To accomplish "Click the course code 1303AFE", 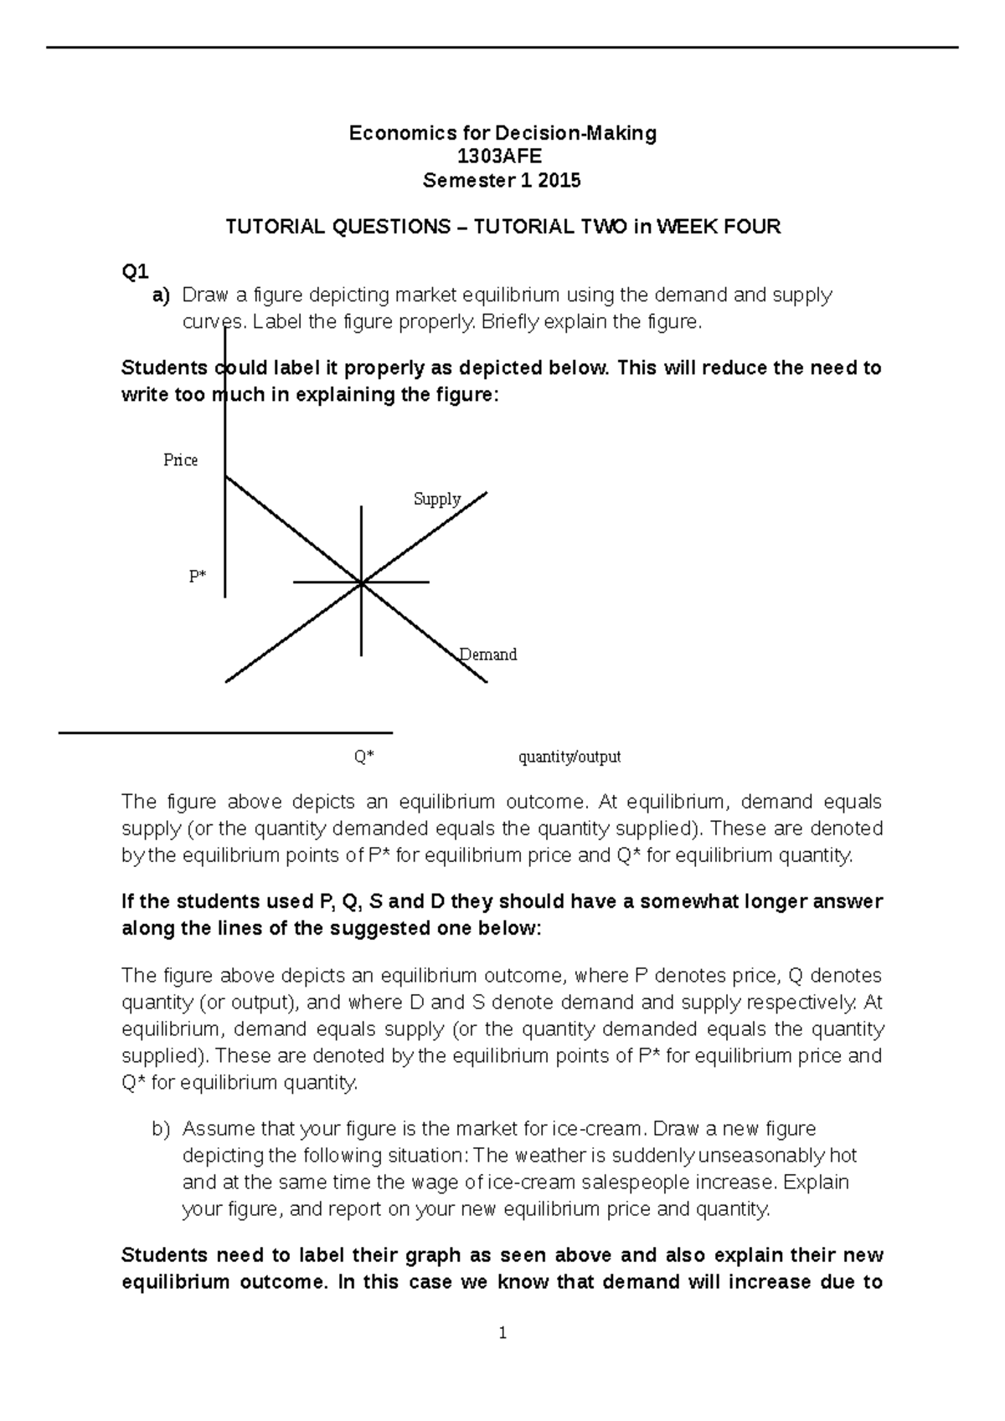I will click(x=502, y=156).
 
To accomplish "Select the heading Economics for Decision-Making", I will click(x=502, y=133).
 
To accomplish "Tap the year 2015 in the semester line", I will click(x=559, y=181).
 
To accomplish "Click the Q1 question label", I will click(x=135, y=271).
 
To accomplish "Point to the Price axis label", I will click(x=180, y=460).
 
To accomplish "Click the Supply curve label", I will click(x=437, y=499).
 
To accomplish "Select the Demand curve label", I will click(x=488, y=654).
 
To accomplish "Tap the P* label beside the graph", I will click(x=197, y=577).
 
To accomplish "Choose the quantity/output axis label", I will click(x=569, y=757).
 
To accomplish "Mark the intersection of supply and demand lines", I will click(x=361, y=582).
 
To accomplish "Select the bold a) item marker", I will click(x=160, y=295).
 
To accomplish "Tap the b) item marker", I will click(x=161, y=1129).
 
